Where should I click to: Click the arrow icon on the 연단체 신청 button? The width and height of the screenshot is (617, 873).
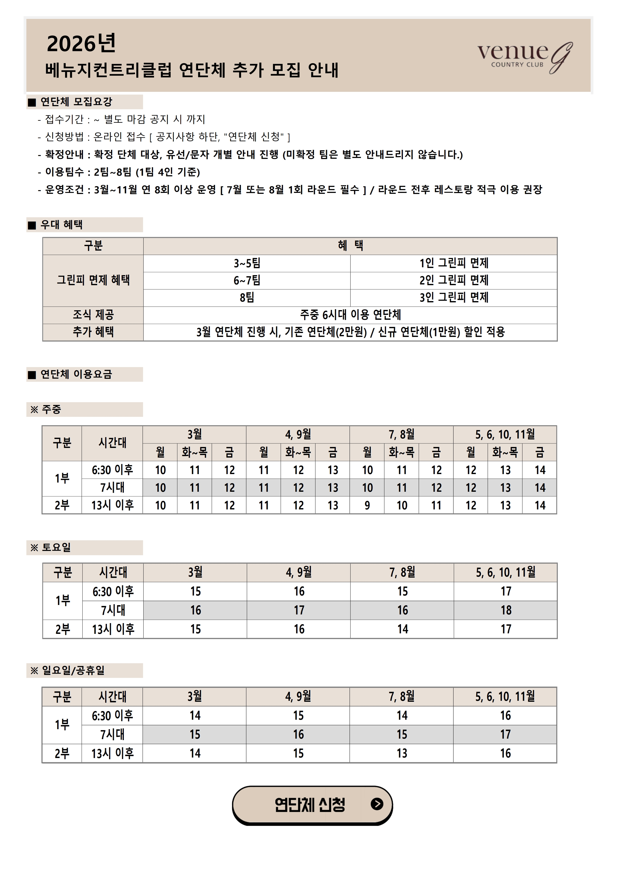coord(376,804)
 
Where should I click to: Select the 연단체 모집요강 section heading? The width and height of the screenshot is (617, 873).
coord(76,102)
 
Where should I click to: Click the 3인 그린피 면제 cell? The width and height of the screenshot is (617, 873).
coord(454,298)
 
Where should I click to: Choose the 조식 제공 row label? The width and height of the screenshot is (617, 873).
coord(93,315)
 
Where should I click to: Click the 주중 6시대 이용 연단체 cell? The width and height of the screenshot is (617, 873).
coord(350,315)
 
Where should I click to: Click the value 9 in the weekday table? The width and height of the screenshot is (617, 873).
coord(367,505)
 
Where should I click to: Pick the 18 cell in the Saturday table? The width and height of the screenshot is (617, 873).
coord(506,610)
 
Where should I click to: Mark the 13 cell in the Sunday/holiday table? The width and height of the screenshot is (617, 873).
coord(402,753)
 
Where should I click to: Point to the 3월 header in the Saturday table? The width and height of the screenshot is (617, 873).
coord(195,572)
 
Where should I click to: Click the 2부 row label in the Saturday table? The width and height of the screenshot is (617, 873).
coord(62,629)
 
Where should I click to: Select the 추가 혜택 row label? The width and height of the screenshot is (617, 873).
coord(93,332)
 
